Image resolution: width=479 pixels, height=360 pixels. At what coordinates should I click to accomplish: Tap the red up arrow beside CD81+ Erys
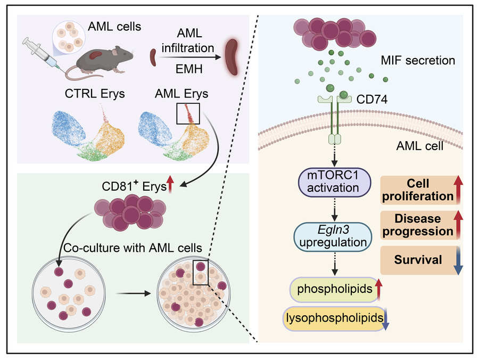tap(171, 184)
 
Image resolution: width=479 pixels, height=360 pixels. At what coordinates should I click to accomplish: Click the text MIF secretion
tap(425, 60)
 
